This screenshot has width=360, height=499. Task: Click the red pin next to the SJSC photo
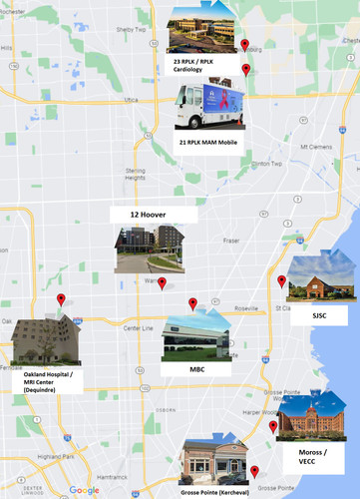pos(281,281)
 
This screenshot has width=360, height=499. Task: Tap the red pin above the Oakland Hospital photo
pos(61,299)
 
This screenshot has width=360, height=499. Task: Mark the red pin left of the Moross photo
pos(273,426)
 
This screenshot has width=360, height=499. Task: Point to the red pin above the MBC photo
pos(193,304)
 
